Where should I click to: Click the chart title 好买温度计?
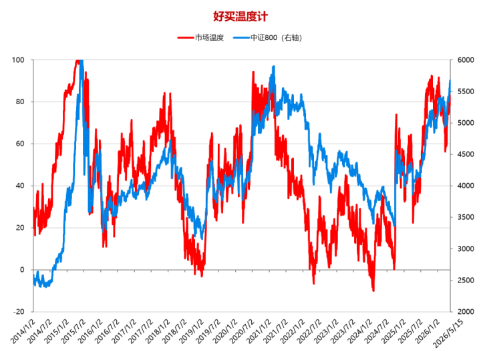pos(240,16)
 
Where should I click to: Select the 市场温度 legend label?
pos(209,37)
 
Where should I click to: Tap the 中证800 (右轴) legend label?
pos(276,37)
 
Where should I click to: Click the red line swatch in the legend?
pos(186,37)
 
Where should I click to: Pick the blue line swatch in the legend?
pos(241,37)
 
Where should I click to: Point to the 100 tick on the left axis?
pos(18,60)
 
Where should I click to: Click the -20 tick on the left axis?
pos(19,311)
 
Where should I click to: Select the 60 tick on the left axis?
pos(20,144)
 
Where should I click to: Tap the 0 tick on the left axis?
pos(22,270)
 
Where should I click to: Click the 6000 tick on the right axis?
pos(466,60)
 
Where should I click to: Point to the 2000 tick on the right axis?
pos(466,311)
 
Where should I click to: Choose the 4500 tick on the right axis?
pos(466,154)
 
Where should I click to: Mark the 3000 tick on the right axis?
pos(466,248)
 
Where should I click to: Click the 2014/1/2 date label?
pos(23,331)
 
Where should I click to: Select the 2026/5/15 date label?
pos(448,333)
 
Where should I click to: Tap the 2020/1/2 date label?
pos(225,331)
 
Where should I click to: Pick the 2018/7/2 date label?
pos(174,331)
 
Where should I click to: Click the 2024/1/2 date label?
pos(360,331)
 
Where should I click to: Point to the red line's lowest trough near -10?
pos(373,290)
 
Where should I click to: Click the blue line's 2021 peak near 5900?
pos(274,67)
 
